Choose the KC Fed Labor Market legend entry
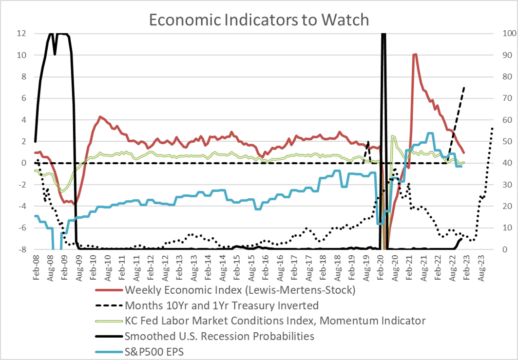pyautogui.click(x=275, y=321)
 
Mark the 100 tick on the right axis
pyautogui.click(x=501, y=34)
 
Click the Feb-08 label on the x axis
pyautogui.click(x=36, y=265)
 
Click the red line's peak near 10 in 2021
pyautogui.click(x=415, y=54)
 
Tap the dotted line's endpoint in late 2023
pyautogui.click(x=493, y=128)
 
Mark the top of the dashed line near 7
pyautogui.click(x=464, y=88)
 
